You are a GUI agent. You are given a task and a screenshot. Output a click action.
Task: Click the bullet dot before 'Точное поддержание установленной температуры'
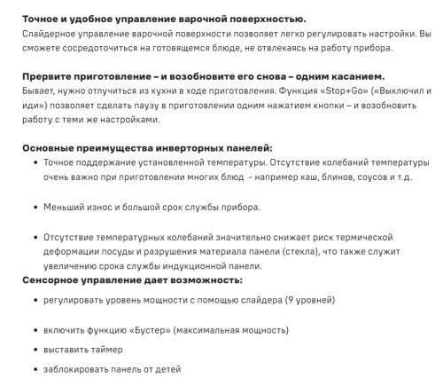35,163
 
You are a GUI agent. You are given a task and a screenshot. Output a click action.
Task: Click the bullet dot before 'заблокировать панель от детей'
35,369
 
